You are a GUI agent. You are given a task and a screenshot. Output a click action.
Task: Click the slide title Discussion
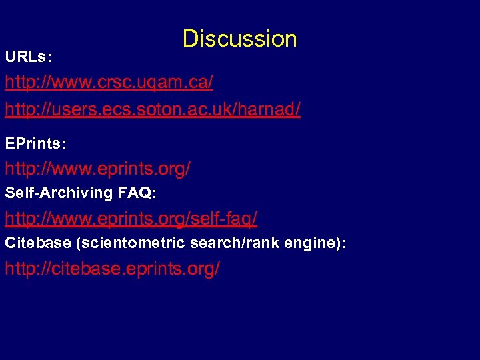click(239, 39)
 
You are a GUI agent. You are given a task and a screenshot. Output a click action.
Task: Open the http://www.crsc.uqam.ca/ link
click(109, 83)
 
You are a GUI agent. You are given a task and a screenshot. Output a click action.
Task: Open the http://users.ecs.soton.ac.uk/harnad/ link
click(153, 109)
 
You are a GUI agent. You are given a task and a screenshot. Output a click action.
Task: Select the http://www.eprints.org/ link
click(97, 169)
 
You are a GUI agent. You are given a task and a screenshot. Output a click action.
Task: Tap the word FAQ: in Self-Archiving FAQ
click(136, 193)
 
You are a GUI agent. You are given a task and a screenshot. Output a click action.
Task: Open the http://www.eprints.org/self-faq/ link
click(131, 218)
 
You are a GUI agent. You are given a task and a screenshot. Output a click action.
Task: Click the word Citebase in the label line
click(38, 243)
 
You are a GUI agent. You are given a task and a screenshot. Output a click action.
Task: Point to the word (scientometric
click(130, 243)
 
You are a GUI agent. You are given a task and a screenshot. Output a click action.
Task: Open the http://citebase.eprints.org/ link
click(112, 269)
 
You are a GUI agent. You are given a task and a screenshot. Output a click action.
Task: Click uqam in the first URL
click(155, 84)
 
